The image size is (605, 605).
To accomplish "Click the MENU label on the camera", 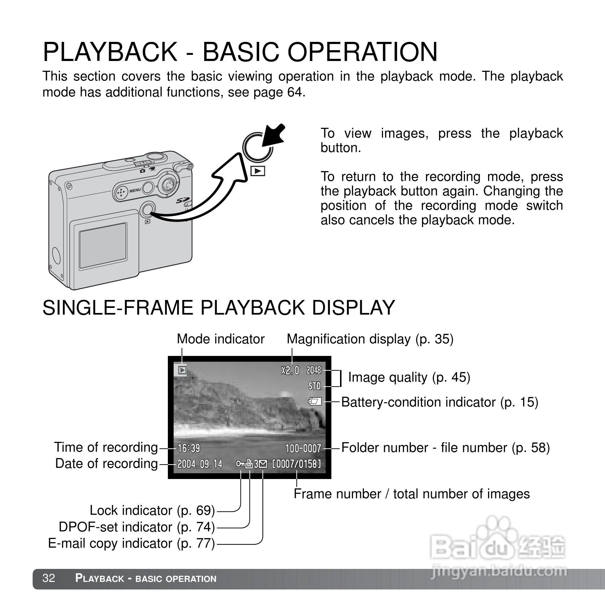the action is click(x=135, y=190).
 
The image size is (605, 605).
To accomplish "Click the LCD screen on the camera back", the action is click(x=103, y=243).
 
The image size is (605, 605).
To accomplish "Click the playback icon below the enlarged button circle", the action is click(x=258, y=171).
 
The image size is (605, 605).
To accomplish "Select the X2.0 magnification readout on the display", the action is click(x=290, y=370).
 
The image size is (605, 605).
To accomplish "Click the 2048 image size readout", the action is click(x=314, y=370).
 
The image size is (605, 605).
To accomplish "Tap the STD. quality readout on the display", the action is click(x=315, y=386).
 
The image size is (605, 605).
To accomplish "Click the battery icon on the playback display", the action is click(x=315, y=401).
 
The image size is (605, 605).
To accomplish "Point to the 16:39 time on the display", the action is click(x=189, y=448).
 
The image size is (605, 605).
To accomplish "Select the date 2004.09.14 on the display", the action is click(x=200, y=464).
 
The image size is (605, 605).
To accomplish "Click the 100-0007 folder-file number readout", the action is click(x=303, y=448).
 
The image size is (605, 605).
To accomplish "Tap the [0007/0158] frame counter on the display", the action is click(x=296, y=464).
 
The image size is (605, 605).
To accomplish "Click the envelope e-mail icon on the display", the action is click(x=263, y=464).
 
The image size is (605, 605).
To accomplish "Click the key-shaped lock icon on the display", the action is click(x=240, y=464).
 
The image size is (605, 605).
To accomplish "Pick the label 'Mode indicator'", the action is click(x=221, y=339).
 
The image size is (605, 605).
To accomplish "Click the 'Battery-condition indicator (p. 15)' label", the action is click(x=440, y=402).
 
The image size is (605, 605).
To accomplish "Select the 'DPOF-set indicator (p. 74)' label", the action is click(x=137, y=527).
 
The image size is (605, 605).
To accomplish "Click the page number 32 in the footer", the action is click(x=49, y=578).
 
